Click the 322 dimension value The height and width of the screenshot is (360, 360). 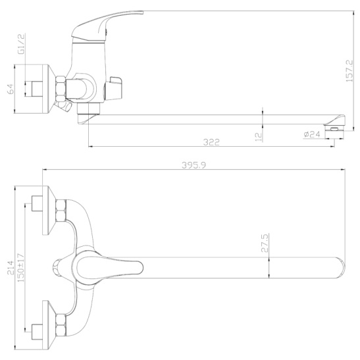click(x=211, y=142)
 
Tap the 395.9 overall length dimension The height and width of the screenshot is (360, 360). click(x=194, y=165)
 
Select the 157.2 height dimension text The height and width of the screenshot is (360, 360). click(x=349, y=71)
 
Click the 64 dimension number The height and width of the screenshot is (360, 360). click(x=11, y=89)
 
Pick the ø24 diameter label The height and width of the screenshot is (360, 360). click(x=311, y=134)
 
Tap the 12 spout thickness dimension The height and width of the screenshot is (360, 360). click(x=258, y=137)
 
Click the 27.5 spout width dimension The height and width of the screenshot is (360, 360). click(x=265, y=243)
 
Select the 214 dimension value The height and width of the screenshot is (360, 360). click(x=11, y=268)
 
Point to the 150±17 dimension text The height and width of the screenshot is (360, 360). click(x=20, y=268)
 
